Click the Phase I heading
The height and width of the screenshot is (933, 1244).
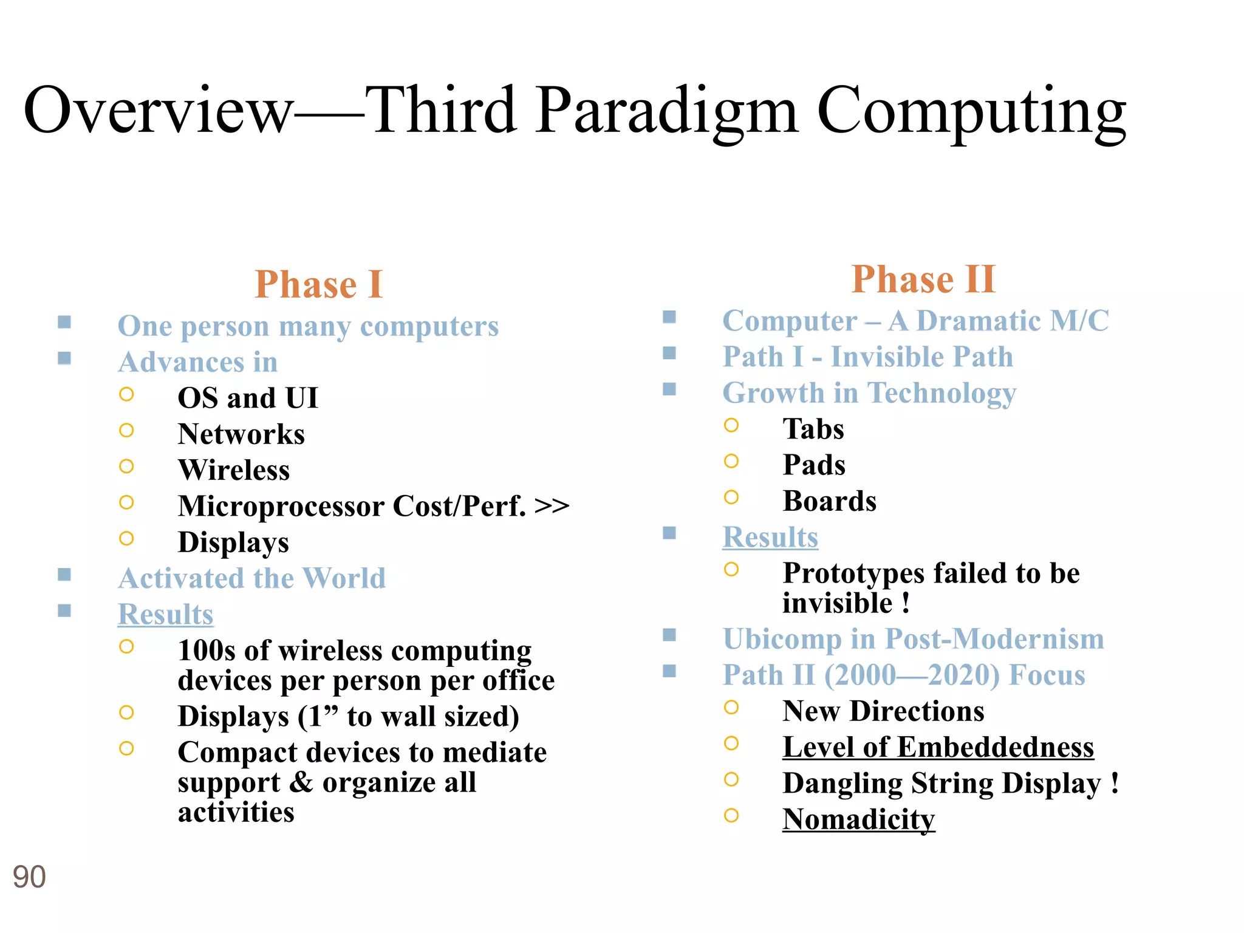319,284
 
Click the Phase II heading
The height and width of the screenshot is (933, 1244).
923,279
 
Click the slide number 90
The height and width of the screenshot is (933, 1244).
29,877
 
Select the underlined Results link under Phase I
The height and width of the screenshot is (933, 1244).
165,614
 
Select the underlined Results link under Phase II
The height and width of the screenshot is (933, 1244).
770,538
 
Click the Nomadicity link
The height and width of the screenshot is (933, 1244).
858,819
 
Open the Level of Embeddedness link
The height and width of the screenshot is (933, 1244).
938,747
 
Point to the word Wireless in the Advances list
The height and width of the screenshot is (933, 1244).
234,470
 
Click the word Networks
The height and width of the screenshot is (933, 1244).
241,434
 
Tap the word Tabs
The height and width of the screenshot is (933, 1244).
813,429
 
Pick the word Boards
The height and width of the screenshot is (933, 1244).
829,501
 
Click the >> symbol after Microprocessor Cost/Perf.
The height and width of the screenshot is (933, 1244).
552,506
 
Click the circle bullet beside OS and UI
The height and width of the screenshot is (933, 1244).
126,395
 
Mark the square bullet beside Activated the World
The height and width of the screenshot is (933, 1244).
64,575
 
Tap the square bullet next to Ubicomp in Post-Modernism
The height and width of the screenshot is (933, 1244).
669,635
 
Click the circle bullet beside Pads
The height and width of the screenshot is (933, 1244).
731,462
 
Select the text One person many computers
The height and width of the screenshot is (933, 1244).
308,326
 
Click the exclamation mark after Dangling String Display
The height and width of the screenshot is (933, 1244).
1114,783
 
